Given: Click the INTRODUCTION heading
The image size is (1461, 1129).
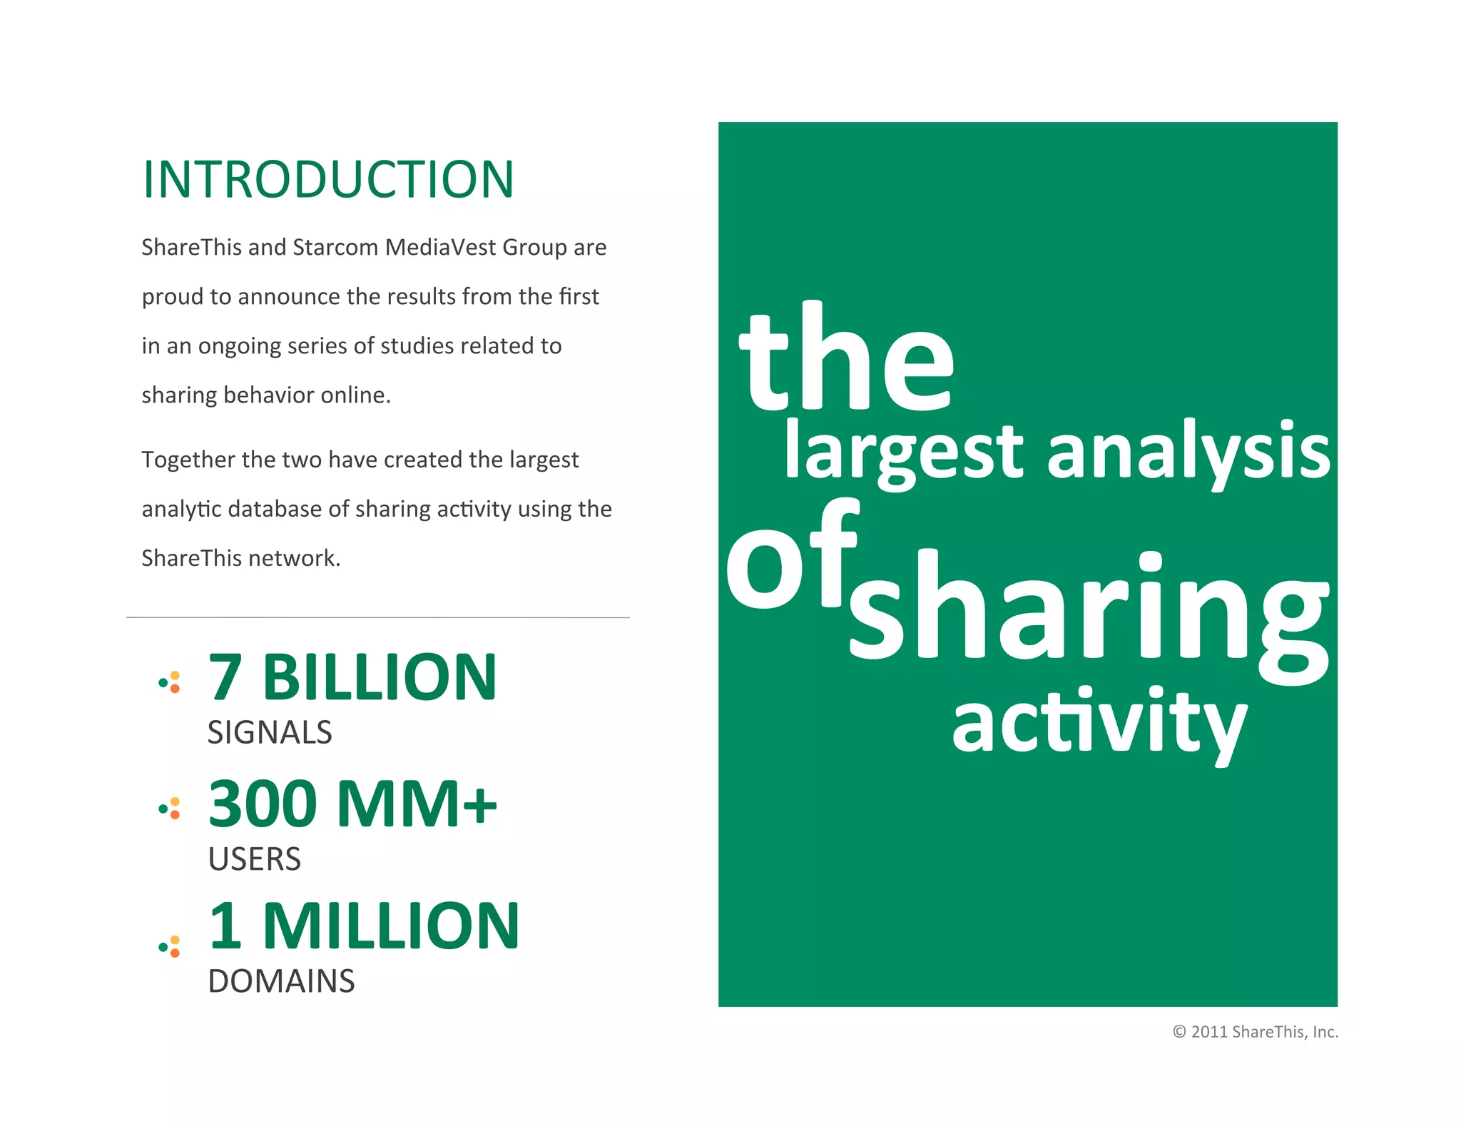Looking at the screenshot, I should coord(328,179).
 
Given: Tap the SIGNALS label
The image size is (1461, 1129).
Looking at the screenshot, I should coord(270,733).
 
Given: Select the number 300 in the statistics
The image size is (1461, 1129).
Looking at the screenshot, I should coord(263,804).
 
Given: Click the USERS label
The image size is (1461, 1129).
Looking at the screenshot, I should coord(255,859).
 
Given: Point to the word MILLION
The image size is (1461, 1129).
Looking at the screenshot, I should coord(391,926).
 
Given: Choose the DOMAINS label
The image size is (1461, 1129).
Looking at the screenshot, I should coord(281,981).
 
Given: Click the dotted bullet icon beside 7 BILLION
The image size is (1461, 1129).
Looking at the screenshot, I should coord(170,683).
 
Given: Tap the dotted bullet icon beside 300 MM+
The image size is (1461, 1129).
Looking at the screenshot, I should coord(170,809).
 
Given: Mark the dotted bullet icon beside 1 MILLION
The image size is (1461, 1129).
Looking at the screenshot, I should coord(170,947).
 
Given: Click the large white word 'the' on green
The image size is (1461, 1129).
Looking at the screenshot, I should coord(847,360).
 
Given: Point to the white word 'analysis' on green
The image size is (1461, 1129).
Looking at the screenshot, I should coord(1188,451).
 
